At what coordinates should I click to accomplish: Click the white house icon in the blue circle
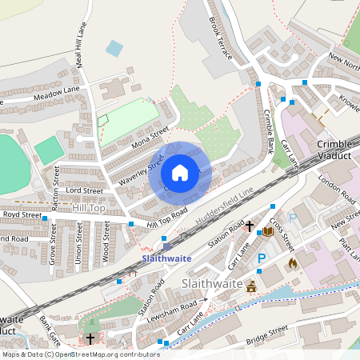click(x=180, y=172)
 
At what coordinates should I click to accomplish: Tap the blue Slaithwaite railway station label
click(x=166, y=259)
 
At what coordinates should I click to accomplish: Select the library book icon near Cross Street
click(x=267, y=231)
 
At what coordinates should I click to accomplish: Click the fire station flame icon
click(x=292, y=262)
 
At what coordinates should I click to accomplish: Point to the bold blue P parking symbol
click(x=262, y=259)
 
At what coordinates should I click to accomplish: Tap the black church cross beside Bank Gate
click(x=90, y=339)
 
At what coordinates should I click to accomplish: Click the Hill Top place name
click(x=88, y=208)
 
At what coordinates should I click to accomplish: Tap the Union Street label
click(x=78, y=244)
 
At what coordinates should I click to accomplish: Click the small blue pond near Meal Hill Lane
click(x=114, y=48)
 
